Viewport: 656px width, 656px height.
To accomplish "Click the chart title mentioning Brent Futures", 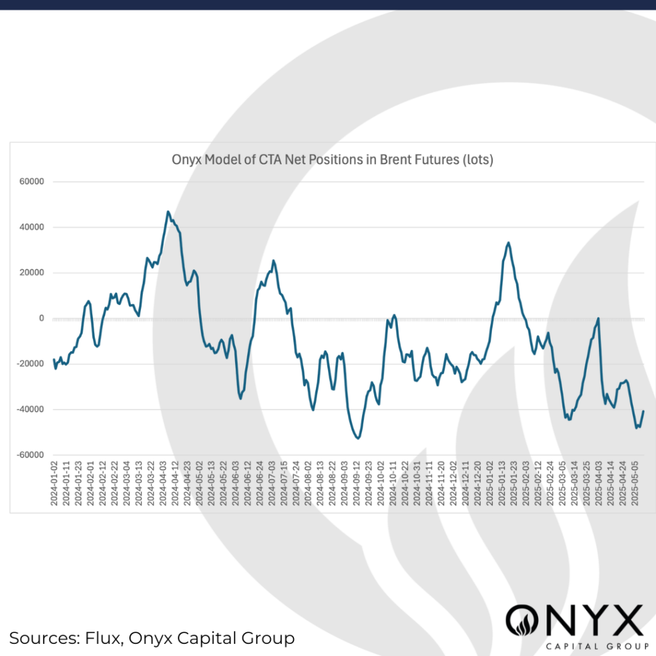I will pos(332,160).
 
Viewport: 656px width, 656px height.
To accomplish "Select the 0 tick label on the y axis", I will pos(41,318).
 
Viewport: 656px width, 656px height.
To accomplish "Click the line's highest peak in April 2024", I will pos(168,211).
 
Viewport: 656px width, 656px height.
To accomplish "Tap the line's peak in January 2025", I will pos(508,242).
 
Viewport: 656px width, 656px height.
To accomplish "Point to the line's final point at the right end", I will pos(643,411).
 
